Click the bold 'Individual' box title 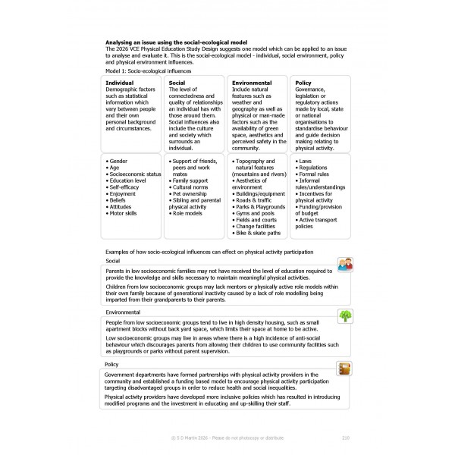point(121,82)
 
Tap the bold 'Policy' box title point(303,82)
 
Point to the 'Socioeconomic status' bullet point(136,174)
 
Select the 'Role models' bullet point(190,214)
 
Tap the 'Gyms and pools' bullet point(258,214)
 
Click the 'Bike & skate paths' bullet point(262,234)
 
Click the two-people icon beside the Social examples point(345,264)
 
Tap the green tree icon point(345,315)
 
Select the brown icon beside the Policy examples point(345,369)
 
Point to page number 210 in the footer point(346,438)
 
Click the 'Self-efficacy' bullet point(127,187)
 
